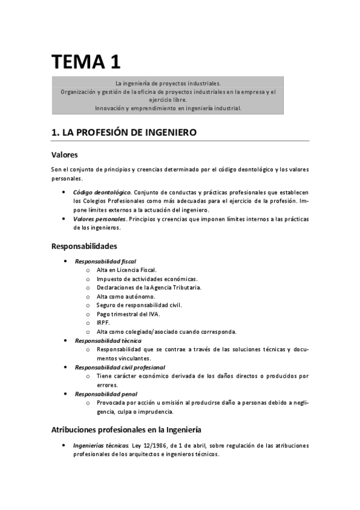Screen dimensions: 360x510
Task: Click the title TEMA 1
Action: click(85, 61)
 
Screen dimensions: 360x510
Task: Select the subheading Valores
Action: click(64, 155)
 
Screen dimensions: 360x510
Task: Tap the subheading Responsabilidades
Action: click(84, 246)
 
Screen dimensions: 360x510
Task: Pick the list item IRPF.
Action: click(103, 323)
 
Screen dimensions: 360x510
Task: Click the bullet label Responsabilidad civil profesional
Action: click(120, 367)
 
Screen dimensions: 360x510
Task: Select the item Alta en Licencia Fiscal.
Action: click(126, 270)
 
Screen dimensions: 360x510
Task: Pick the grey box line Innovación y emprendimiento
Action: click(168, 108)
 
